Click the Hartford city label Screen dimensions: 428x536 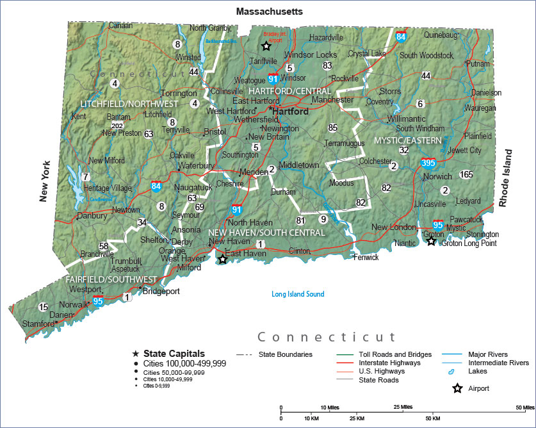pos(291,111)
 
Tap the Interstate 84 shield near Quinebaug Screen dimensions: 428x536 pos(401,37)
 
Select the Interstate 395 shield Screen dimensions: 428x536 pos(428,163)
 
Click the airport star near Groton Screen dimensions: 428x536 pos(431,241)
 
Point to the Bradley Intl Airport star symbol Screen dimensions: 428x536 pos(265,45)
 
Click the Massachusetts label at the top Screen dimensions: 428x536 pos(269,12)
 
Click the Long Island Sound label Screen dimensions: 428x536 pos(298,294)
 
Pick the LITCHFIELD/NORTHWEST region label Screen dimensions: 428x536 pos(129,104)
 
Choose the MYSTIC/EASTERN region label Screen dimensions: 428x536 pos(409,140)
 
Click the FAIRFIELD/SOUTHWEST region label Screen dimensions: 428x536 pos(111,279)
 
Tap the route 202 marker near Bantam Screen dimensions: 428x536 pos(117,126)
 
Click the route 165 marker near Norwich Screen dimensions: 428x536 pos(466,174)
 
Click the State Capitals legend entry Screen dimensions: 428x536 pos(174,353)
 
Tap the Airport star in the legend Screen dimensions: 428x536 pos(458,388)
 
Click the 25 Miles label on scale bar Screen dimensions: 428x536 pos(403,407)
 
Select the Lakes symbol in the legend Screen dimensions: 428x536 pos(450,371)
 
